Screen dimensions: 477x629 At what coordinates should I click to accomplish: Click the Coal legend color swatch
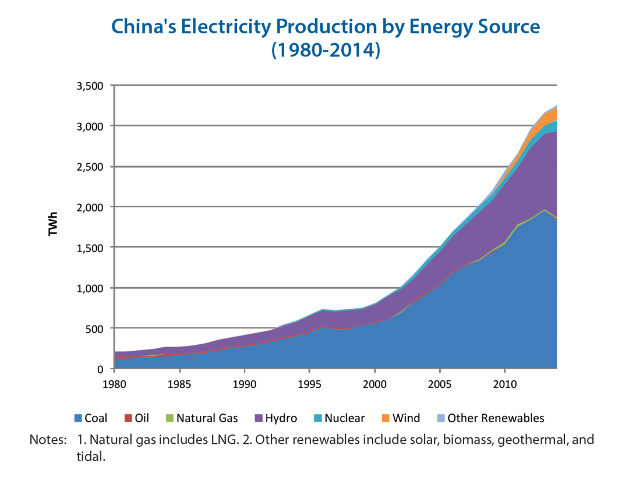click(x=79, y=418)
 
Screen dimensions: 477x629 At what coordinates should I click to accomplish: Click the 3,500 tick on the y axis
click(x=90, y=86)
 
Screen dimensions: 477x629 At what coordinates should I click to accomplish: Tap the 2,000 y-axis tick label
click(x=90, y=207)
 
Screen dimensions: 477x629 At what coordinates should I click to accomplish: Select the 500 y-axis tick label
click(x=95, y=328)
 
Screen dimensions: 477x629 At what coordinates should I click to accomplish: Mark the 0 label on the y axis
click(x=100, y=369)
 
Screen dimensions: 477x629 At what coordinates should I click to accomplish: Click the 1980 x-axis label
click(x=115, y=384)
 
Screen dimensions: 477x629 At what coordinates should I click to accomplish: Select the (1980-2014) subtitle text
click(x=326, y=51)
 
